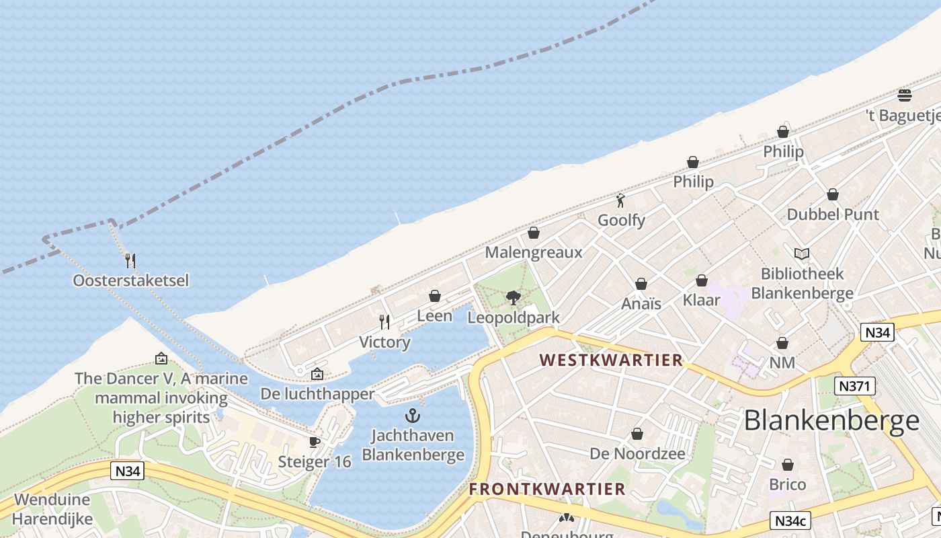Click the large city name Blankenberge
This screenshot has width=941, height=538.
[831, 421]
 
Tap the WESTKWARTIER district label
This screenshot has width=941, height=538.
[611, 360]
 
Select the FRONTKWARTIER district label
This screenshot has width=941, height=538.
[547, 489]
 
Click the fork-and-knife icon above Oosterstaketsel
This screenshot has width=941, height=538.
[130, 260]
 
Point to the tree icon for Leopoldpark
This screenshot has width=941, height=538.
[513, 297]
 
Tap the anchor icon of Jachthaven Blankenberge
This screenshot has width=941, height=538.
[413, 416]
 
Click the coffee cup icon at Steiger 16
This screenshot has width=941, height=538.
[314, 442]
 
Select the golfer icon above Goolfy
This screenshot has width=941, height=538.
[620, 200]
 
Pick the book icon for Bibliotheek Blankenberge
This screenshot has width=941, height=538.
[801, 254]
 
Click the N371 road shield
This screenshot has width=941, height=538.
[854, 386]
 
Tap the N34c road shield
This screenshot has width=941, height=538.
[790, 521]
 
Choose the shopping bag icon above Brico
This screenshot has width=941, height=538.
[787, 465]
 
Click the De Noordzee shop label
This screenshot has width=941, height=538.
[637, 454]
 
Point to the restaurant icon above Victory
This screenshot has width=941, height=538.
[384, 322]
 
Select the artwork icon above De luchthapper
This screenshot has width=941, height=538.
[317, 374]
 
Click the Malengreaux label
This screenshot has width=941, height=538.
[534, 253]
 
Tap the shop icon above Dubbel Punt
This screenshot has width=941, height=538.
[832, 194]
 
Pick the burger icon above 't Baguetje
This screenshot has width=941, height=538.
[905, 95]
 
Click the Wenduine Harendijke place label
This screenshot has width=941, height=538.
[51, 510]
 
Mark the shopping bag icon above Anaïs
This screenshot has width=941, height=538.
[641, 284]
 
